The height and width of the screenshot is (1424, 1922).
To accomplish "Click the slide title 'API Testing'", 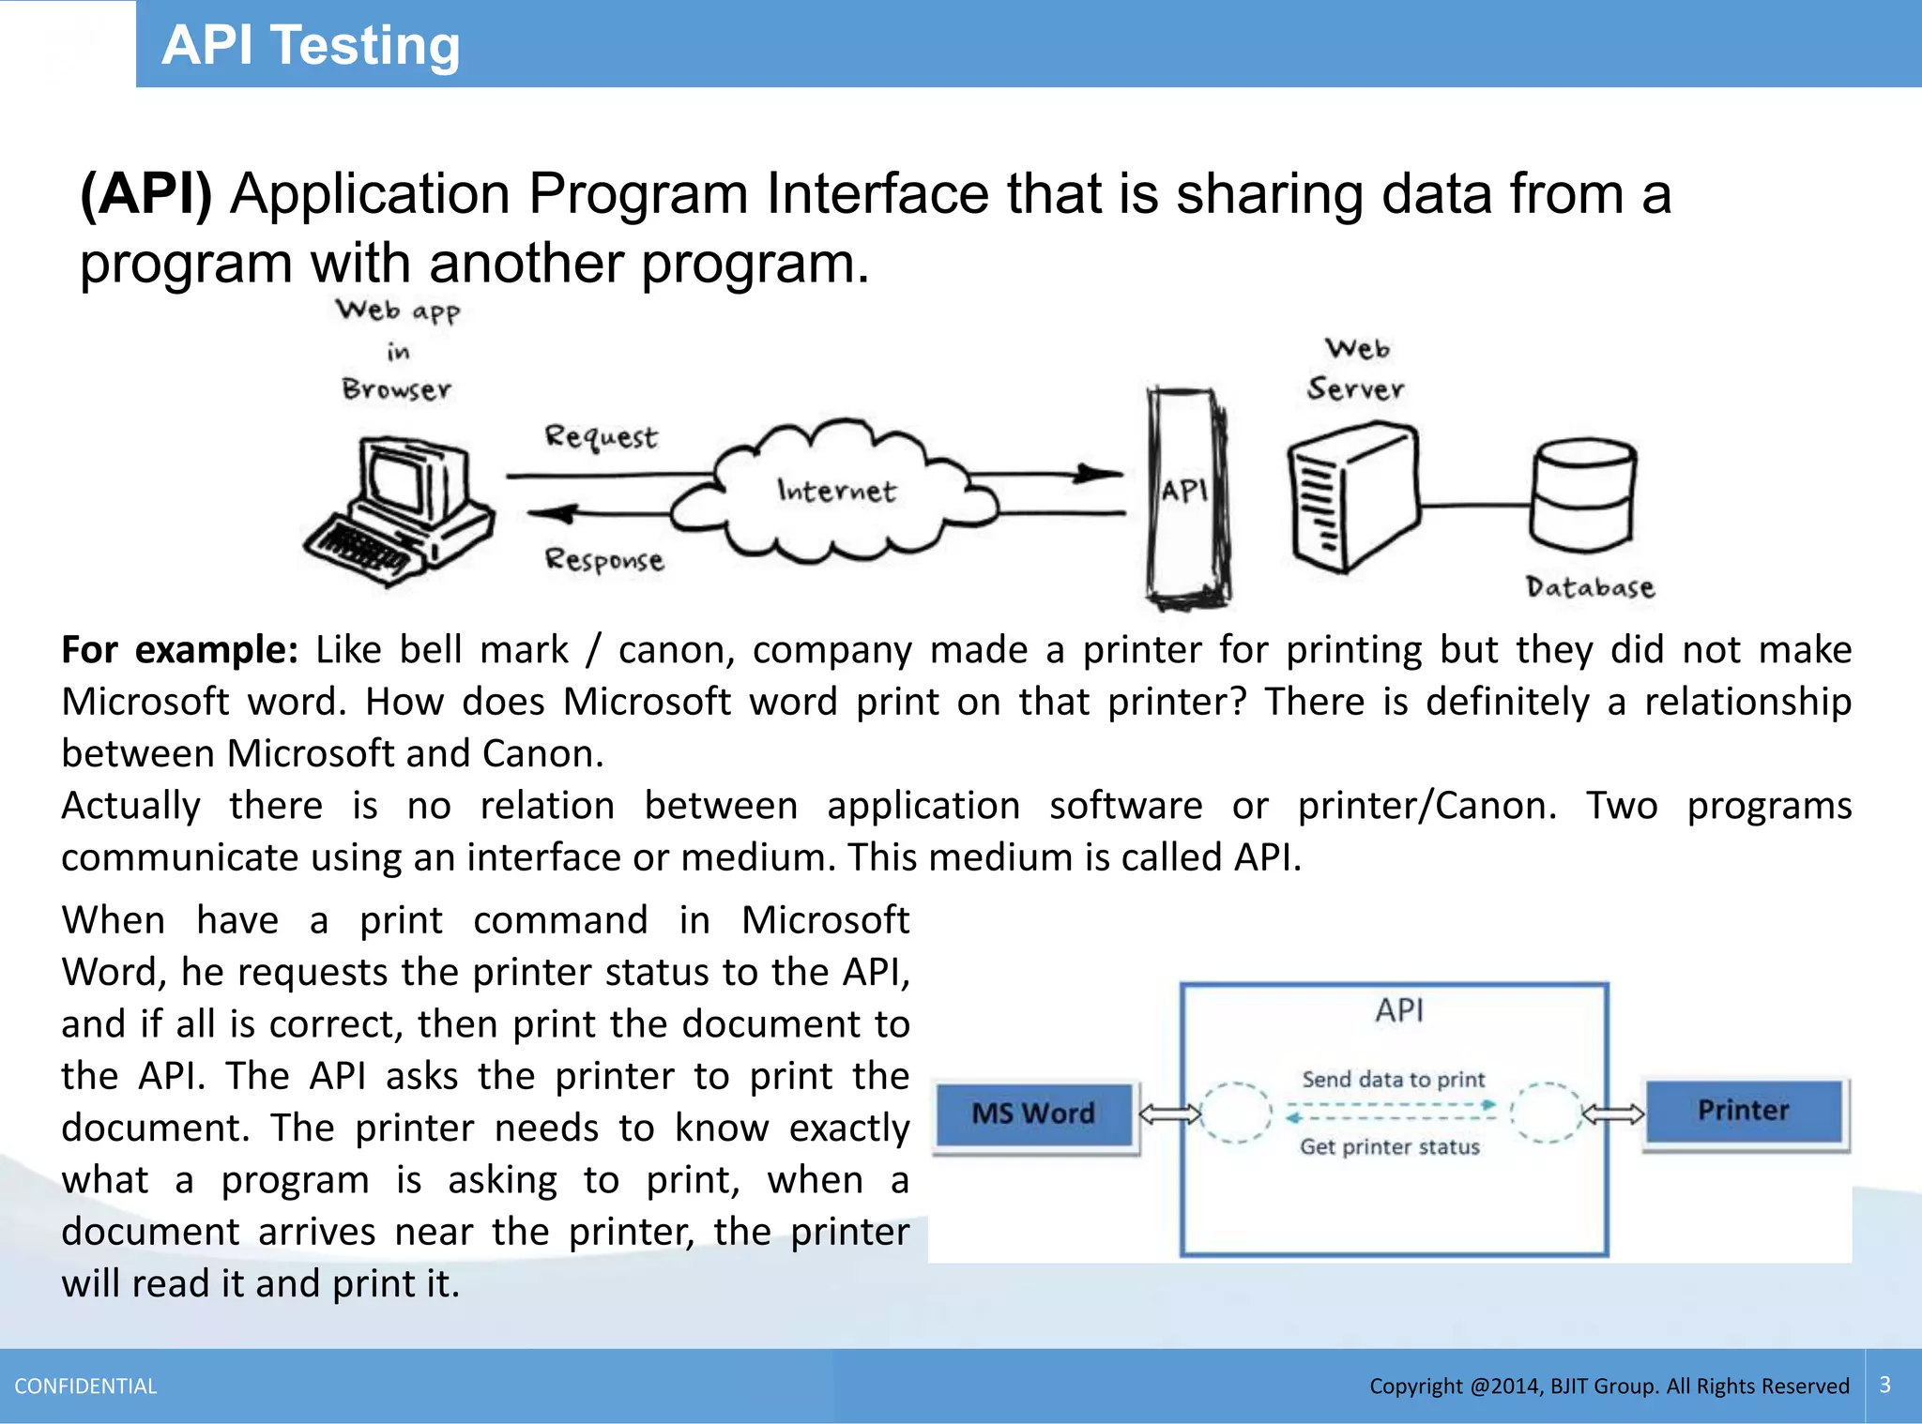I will tap(311, 45).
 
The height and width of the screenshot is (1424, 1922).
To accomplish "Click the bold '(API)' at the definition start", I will tap(146, 194).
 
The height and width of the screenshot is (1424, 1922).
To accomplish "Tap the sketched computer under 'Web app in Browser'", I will tap(401, 510).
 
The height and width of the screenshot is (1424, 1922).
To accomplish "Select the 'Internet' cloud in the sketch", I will tap(835, 492).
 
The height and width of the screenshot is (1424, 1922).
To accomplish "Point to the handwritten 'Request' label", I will tap(602, 437).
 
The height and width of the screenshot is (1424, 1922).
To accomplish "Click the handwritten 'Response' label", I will tap(604, 560).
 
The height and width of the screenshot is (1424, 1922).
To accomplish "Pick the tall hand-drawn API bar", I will tap(1186, 497).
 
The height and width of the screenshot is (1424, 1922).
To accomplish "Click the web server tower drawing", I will tap(1352, 497).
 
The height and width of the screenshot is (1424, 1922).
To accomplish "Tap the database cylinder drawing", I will tap(1583, 495).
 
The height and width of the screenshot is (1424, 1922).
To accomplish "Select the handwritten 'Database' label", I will tap(1590, 588).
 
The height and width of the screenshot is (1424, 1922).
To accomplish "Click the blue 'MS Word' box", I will tap(1034, 1113).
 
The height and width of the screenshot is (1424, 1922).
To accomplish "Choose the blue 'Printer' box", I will tap(1744, 1112).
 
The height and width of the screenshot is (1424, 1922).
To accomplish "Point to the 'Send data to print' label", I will tap(1394, 1080).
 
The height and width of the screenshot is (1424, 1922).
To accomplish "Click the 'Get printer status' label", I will tap(1390, 1147).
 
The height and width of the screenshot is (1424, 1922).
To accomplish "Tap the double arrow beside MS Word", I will tap(1169, 1114).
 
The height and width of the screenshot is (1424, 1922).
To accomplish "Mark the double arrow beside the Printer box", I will tap(1613, 1114).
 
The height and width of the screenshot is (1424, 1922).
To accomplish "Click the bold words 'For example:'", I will tap(179, 650).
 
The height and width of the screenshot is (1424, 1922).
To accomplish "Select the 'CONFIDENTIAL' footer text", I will tap(85, 1386).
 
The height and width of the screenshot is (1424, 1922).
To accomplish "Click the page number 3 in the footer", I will tap(1885, 1386).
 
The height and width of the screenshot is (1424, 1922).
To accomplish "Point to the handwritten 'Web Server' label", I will tap(1356, 370).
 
